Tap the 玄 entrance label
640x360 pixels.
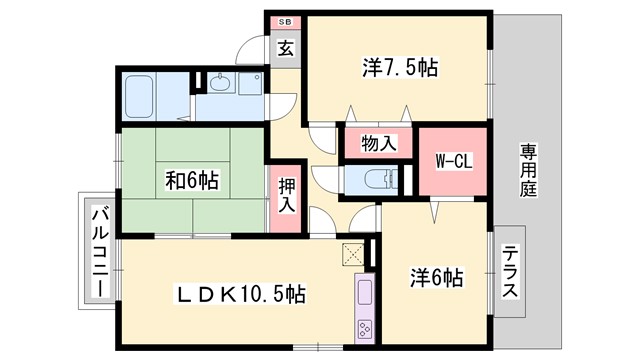click(285, 47)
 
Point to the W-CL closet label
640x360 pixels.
click(453, 160)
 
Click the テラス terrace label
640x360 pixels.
click(509, 272)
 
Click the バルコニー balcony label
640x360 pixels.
click(99, 250)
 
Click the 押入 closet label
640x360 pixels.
click(286, 196)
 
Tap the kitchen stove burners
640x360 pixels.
click(363, 328)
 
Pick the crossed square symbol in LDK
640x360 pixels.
click(352, 253)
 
